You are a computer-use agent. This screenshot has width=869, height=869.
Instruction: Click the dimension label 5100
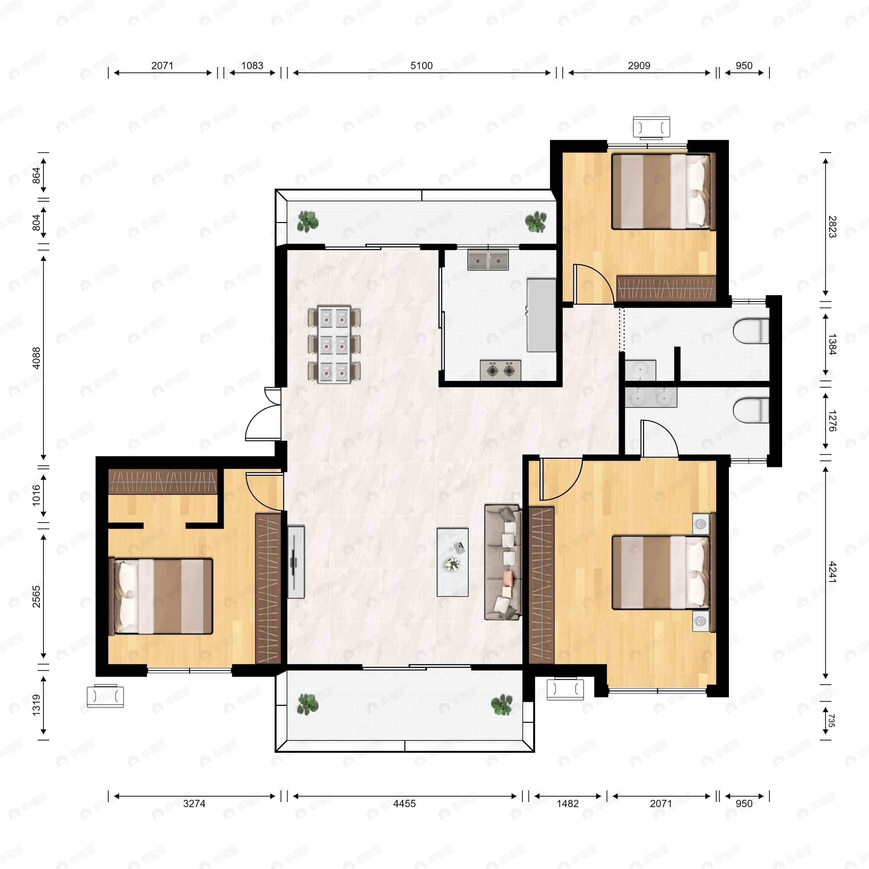tap(421, 66)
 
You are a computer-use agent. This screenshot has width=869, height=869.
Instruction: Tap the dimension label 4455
tap(404, 803)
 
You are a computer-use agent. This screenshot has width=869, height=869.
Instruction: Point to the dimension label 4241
tap(832, 572)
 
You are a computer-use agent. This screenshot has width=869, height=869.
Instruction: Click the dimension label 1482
tap(568, 803)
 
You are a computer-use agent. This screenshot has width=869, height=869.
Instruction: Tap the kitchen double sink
tap(488, 260)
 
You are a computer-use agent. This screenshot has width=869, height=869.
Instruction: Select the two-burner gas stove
tap(501, 370)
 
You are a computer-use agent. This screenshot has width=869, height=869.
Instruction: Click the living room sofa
tap(503, 562)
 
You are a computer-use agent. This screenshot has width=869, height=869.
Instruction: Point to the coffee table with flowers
tap(453, 562)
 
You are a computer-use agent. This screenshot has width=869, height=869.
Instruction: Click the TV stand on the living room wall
tap(295, 562)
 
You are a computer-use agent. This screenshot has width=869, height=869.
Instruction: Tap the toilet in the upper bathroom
tap(751, 331)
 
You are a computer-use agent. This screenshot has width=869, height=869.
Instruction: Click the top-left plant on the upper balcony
tap(308, 221)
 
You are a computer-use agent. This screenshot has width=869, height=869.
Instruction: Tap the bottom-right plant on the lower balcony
tap(501, 705)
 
